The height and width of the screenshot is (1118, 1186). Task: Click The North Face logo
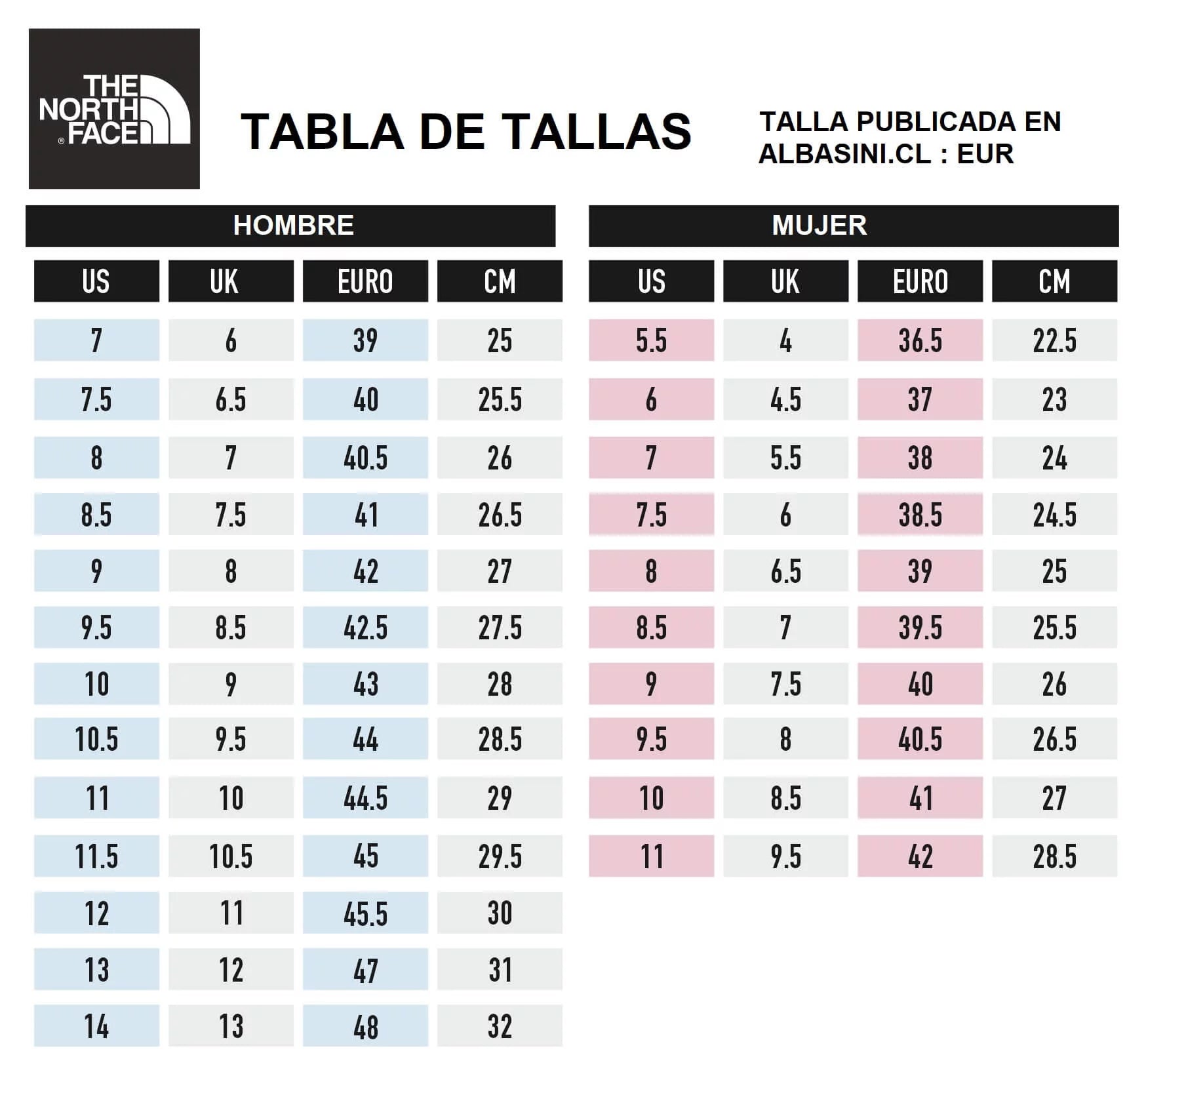click(x=114, y=109)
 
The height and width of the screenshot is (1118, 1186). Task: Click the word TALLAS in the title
click(x=597, y=132)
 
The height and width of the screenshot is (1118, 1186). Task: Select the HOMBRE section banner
click(x=290, y=226)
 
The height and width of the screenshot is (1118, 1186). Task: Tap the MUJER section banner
click(x=853, y=226)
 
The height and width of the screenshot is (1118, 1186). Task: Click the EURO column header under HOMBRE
click(x=365, y=281)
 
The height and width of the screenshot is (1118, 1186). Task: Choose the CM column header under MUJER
click(x=1054, y=281)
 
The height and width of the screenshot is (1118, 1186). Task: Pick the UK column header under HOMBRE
click(x=231, y=281)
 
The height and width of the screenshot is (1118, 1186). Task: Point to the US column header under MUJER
click(x=651, y=281)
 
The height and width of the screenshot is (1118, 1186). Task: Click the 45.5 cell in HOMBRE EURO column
click(x=365, y=913)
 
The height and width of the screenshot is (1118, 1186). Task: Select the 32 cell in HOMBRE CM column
click(x=500, y=1026)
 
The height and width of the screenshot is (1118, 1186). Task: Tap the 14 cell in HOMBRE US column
click(x=96, y=1026)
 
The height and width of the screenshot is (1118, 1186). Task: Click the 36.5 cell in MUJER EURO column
click(x=920, y=340)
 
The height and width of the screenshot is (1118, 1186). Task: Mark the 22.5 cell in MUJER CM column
click(x=1054, y=340)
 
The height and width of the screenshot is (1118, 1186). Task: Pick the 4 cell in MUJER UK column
click(x=785, y=340)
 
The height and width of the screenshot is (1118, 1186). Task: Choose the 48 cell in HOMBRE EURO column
click(x=365, y=1026)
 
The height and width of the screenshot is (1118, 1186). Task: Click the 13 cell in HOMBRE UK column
click(x=231, y=1026)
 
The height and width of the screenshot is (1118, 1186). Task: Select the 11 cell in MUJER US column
click(x=651, y=856)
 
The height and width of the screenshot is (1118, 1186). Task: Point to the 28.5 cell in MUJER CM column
click(x=1054, y=856)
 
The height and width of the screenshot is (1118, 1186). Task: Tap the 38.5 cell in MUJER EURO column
click(x=920, y=515)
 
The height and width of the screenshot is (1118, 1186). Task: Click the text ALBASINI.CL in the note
click(x=844, y=154)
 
